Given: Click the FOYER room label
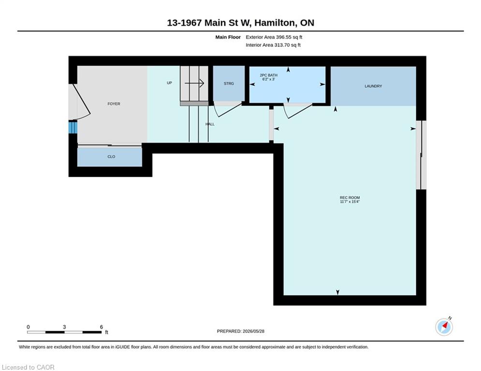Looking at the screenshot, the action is (x=114, y=104).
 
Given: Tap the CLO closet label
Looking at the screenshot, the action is (x=111, y=157).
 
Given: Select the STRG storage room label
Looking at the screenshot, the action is (x=229, y=84).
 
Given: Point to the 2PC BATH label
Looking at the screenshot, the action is (x=268, y=75).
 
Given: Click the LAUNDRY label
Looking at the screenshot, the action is (x=373, y=86).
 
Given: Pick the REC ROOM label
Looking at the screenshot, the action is (x=350, y=198).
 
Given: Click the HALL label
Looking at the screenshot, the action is (x=210, y=124).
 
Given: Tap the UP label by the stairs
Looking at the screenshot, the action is (x=169, y=83).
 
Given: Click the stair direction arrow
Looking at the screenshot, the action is (x=194, y=83).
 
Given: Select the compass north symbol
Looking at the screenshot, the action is (x=444, y=327).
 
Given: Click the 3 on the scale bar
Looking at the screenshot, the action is (x=64, y=327).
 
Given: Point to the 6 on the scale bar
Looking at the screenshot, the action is (x=101, y=327).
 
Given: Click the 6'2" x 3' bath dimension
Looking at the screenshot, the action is (x=268, y=79).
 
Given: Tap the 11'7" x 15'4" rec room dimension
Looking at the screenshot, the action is (x=350, y=202).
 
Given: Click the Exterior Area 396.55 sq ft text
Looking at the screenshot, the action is (x=274, y=37).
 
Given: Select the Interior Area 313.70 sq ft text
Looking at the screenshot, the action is (x=273, y=45).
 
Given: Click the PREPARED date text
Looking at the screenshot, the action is (x=241, y=331).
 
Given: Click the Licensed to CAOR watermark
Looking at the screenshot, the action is (x=28, y=367).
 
